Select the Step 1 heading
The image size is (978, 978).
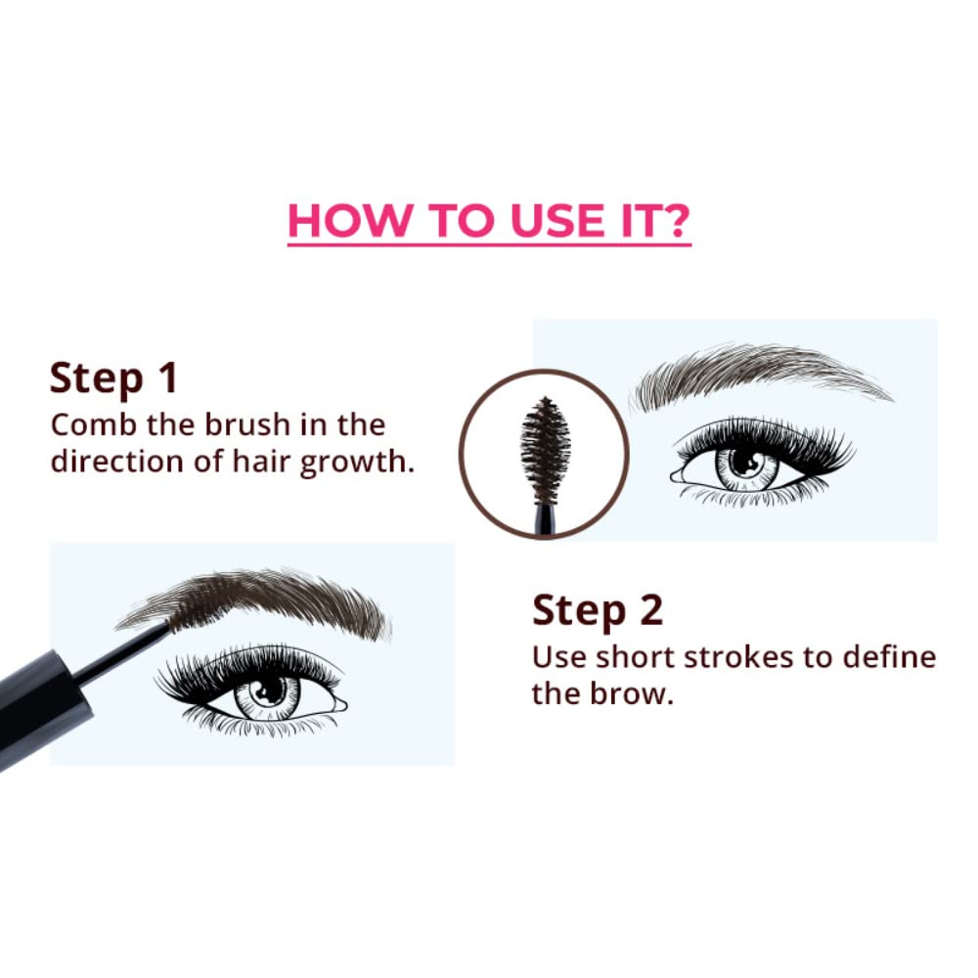coord(113,378)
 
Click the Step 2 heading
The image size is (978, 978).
coord(598,610)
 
